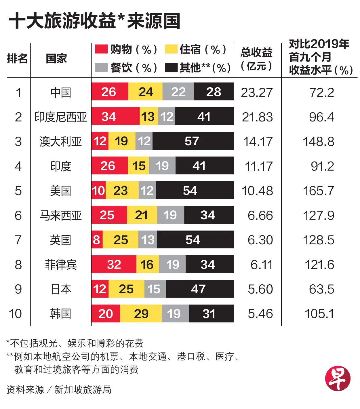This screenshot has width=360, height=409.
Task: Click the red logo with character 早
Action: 338,378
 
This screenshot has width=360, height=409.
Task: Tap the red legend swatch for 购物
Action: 101,49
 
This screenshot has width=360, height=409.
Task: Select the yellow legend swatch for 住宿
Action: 171,49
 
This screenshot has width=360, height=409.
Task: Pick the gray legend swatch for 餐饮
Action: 101,67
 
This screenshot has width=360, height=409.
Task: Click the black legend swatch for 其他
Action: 171,67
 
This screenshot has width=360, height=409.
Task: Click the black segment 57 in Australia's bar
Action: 193,141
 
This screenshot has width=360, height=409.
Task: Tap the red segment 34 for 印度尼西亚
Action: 115,116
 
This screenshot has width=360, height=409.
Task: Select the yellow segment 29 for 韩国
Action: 141,313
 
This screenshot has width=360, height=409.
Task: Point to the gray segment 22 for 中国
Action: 178,92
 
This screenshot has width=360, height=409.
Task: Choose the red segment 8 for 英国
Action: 97,240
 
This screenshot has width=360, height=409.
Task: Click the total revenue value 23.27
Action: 257,93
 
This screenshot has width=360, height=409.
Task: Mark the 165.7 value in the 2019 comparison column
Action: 318,191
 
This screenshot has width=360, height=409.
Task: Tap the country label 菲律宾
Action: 61,265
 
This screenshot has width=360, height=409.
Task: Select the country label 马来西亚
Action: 60,215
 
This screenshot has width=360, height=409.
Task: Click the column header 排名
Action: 17,59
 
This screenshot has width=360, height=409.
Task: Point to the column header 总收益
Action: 257,52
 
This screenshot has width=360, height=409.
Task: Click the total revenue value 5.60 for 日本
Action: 260,289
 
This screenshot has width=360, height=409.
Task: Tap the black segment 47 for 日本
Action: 200,289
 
